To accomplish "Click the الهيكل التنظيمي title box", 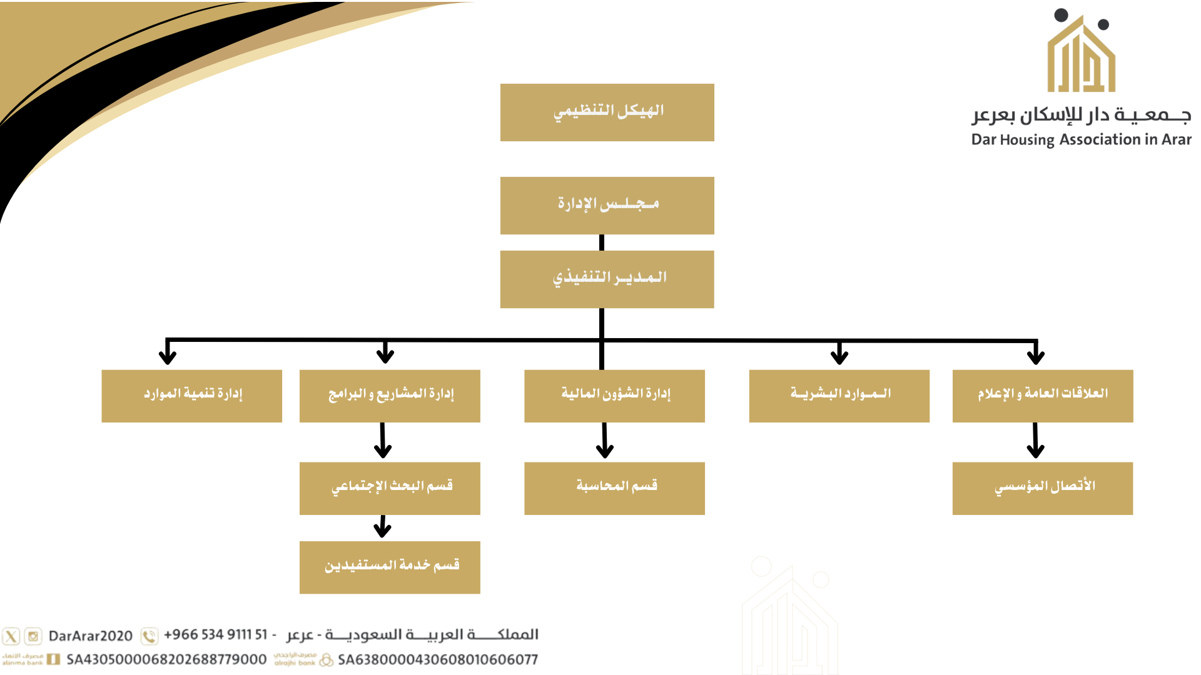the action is tap(607, 112).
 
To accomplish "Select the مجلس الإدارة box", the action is tap(607, 206).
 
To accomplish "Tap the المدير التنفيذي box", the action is tap(607, 279).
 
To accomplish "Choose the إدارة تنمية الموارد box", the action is tap(191, 396).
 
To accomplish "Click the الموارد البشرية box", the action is tap(839, 396).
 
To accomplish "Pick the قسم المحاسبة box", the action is tap(614, 489).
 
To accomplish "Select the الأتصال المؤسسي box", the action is tap(1043, 489).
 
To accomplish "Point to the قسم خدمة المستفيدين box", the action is tap(390, 567).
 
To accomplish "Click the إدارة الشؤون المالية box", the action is tap(614, 396).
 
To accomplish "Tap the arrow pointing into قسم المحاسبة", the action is tap(604, 441).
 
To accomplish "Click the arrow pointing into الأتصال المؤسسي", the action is tap(1035, 441).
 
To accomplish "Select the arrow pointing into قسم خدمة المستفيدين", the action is tap(382, 526).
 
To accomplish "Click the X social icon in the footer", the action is tap(11, 636).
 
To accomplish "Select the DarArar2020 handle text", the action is tap(91, 636).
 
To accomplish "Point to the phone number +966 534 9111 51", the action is tap(216, 635).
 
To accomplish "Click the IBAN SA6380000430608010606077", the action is tap(438, 659).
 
